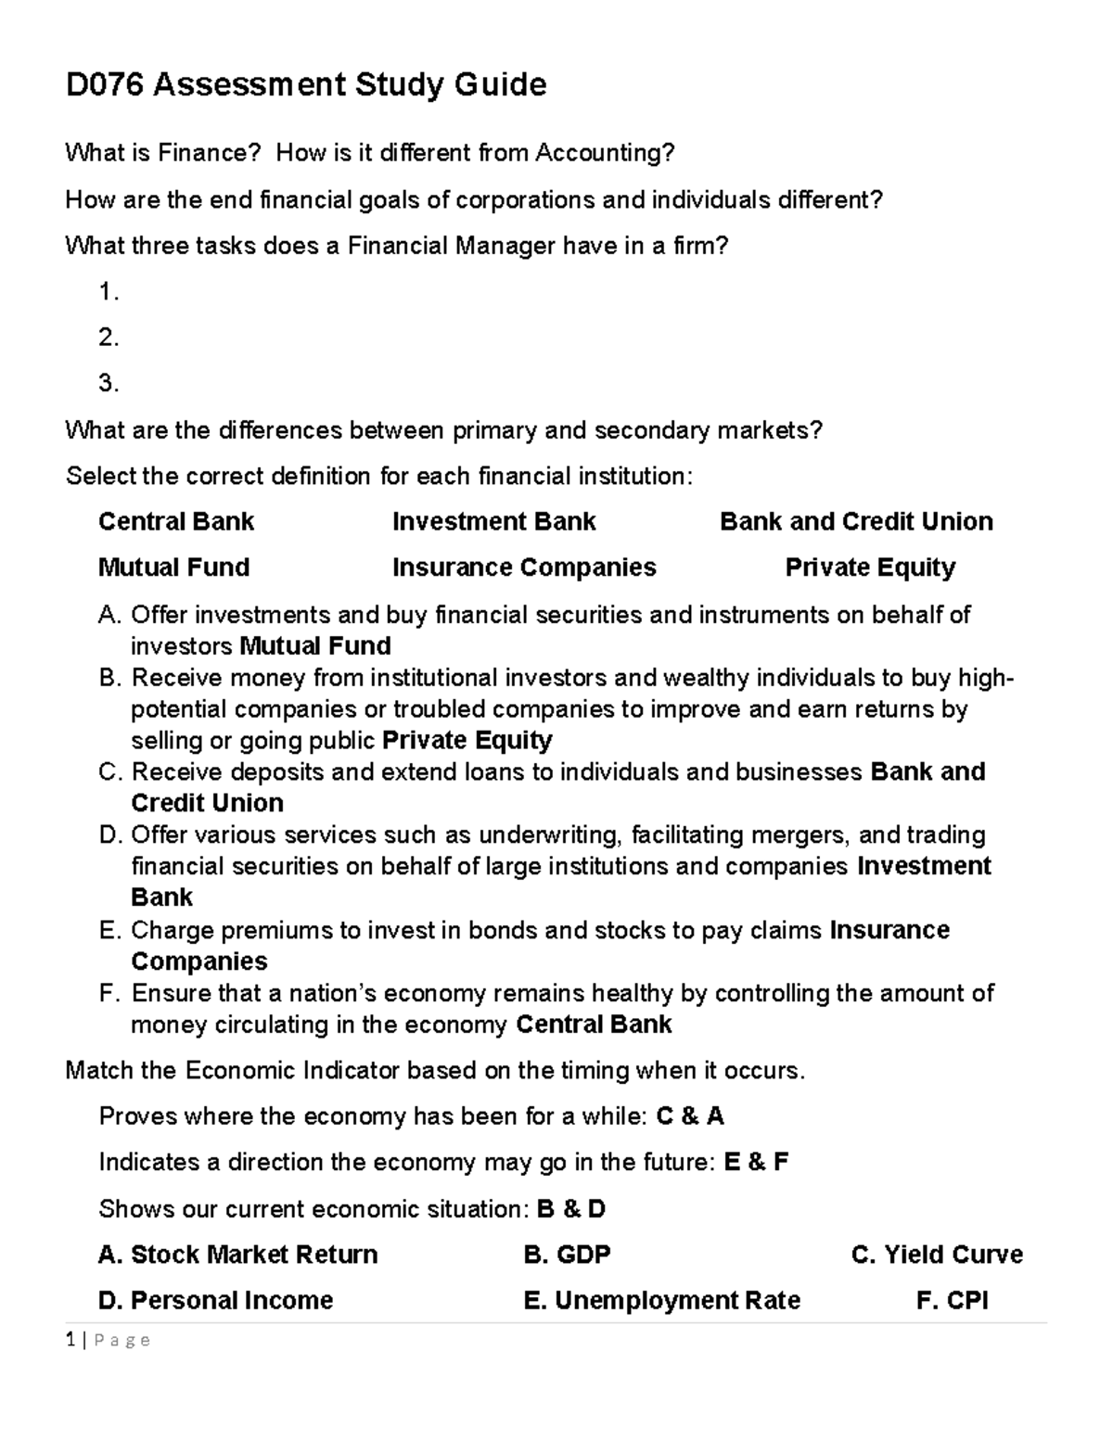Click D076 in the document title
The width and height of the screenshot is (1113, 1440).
pyautogui.click(x=104, y=85)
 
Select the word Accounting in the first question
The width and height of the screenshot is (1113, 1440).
pyautogui.click(x=604, y=152)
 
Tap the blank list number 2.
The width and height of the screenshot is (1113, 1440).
pyautogui.click(x=109, y=338)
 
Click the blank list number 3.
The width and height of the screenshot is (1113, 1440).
pyautogui.click(x=109, y=383)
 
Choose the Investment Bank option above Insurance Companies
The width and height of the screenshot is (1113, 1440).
pyautogui.click(x=493, y=521)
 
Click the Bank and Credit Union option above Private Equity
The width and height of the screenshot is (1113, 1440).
pyautogui.click(x=855, y=521)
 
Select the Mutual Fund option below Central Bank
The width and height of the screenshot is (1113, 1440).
pyautogui.click(x=173, y=567)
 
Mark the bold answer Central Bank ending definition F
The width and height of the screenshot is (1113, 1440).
pyautogui.click(x=594, y=1025)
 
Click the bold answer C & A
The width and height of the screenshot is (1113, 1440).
pyautogui.click(x=690, y=1116)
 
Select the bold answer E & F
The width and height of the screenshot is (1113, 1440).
pyautogui.click(x=756, y=1163)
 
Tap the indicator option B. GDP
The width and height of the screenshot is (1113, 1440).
pyautogui.click(x=567, y=1255)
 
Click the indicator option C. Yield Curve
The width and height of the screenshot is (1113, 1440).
pyautogui.click(x=936, y=1255)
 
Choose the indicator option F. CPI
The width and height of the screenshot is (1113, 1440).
pyautogui.click(x=952, y=1301)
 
